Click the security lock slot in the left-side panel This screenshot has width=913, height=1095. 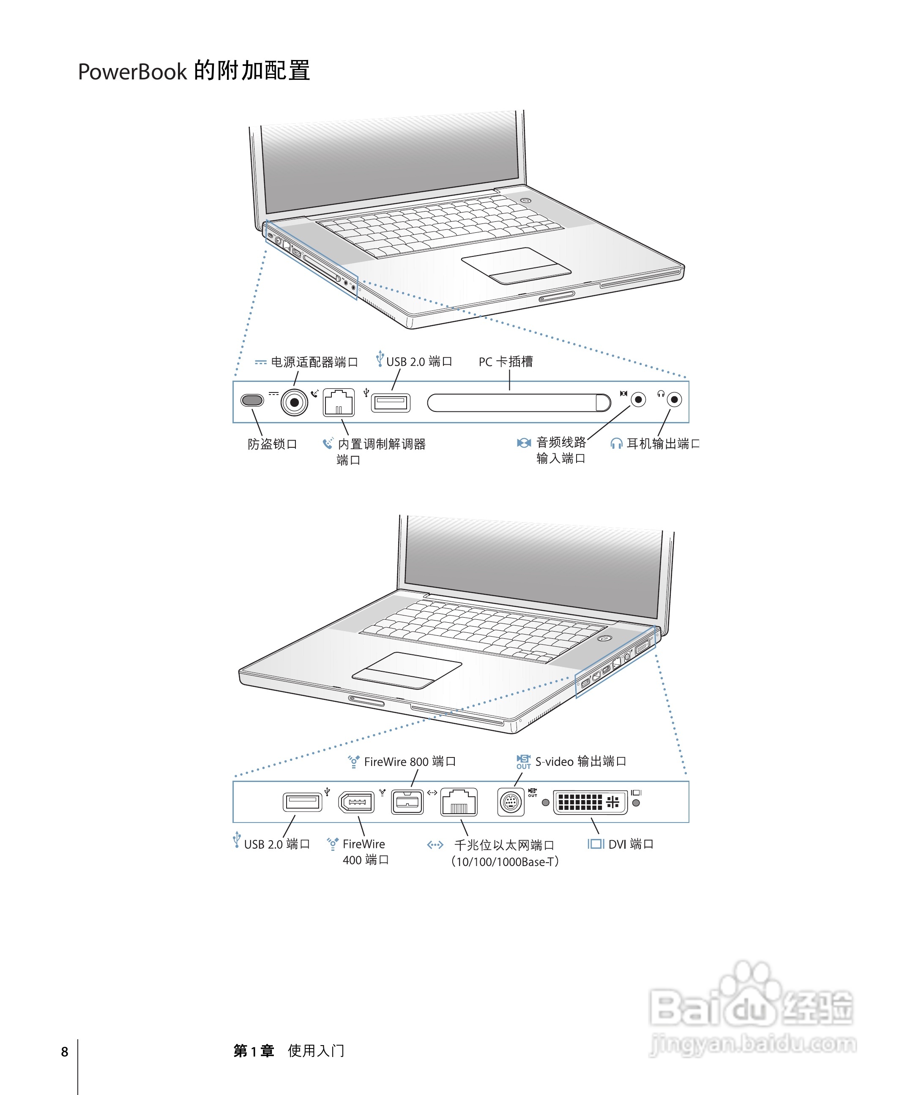(252, 400)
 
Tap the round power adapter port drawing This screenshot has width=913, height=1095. (294, 402)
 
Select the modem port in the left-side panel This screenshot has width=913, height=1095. (339, 402)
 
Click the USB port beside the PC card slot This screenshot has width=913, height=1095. (390, 403)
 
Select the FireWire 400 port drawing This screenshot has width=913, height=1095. (357, 802)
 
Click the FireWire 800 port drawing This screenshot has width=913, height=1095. (407, 802)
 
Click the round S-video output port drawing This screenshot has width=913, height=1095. (511, 802)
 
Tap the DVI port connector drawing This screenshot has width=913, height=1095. (590, 802)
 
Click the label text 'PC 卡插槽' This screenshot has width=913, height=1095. (505, 361)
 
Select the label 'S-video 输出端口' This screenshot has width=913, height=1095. (580, 761)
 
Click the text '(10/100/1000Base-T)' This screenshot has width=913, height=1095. (505, 861)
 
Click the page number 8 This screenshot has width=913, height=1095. (65, 1051)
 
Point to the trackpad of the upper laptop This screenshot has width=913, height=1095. (516, 265)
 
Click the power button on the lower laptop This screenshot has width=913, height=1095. (604, 638)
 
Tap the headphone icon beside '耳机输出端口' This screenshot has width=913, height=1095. (616, 443)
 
